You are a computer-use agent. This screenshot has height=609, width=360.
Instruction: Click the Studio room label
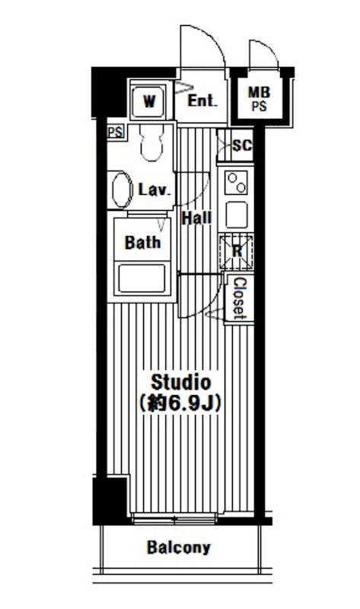(180, 382)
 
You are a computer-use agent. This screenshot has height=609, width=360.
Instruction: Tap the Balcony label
(179, 547)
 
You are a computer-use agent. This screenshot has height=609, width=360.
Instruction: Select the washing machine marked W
(148, 102)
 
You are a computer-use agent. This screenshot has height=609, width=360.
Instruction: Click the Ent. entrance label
(202, 101)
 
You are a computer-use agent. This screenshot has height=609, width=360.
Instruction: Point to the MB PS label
(259, 99)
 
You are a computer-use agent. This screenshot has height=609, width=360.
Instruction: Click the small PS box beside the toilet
(116, 132)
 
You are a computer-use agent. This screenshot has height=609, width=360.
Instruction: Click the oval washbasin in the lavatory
(122, 190)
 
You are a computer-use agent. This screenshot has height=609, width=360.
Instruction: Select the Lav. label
(155, 190)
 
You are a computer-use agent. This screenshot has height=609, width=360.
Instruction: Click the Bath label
(142, 242)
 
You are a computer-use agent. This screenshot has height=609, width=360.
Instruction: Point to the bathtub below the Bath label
(142, 278)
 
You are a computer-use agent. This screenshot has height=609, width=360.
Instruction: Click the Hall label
(197, 218)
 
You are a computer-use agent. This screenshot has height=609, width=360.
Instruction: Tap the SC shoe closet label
(241, 145)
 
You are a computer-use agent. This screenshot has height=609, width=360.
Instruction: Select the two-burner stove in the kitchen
(237, 183)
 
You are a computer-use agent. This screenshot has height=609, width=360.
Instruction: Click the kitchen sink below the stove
(237, 215)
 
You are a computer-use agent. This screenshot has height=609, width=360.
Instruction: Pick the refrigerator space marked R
(236, 251)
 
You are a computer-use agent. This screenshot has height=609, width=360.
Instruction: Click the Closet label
(239, 298)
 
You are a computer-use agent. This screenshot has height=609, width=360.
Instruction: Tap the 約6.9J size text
(180, 403)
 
